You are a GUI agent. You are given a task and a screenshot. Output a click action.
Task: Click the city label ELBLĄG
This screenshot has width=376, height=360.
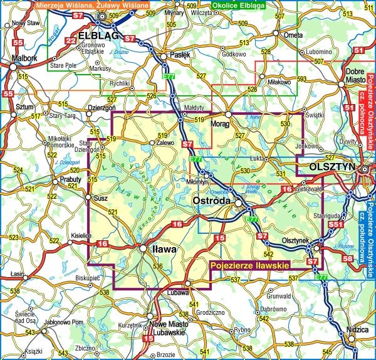[x=100, y=36]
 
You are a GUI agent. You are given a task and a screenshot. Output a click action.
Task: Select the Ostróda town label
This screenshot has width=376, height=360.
[x=212, y=199]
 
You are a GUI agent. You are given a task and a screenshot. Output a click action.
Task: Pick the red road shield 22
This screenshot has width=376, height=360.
[x=71, y=41]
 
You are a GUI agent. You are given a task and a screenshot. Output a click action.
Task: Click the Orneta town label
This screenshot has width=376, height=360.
[x=291, y=36]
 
